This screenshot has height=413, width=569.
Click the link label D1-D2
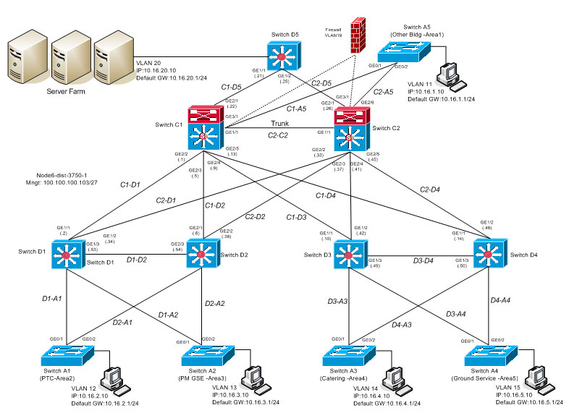coord(137,259)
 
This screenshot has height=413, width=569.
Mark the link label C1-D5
coord(232,87)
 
